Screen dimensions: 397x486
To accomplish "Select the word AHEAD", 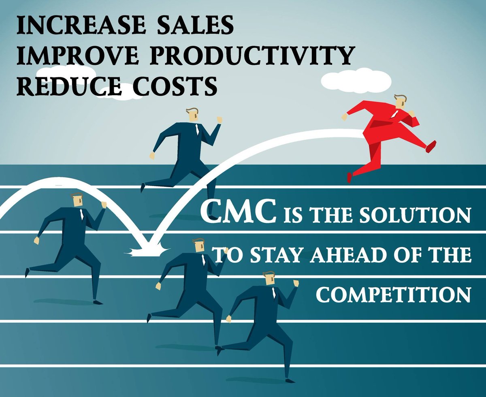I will (x=344, y=256).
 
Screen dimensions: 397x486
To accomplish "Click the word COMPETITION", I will (x=393, y=295).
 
